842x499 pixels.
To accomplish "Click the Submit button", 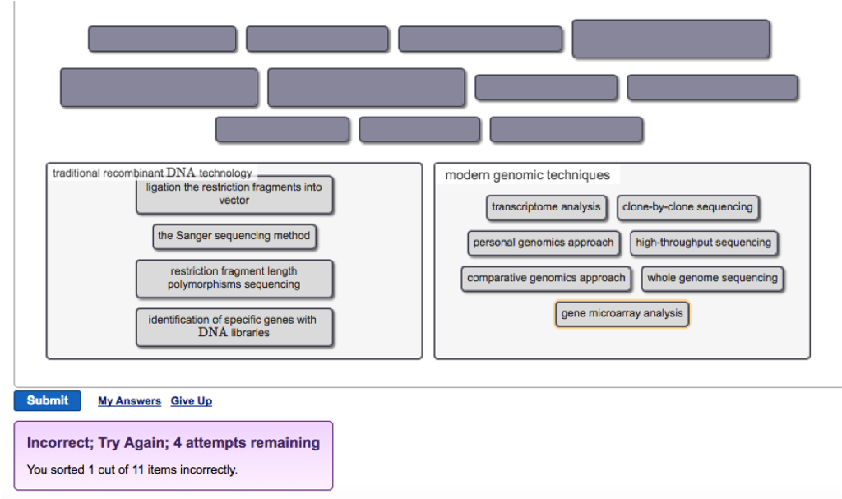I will pos(47,401).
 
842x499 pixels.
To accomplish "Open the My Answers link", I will pos(129,401).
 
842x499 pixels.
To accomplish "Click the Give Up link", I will pos(191,401).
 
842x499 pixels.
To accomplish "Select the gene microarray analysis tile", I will pos(622,314).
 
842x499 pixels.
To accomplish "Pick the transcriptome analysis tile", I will pos(546,207).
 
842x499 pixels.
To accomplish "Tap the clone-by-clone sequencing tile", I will pos(687,207).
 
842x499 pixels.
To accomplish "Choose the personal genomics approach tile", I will pos(543,243).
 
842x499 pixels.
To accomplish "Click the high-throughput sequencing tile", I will pos(703,243).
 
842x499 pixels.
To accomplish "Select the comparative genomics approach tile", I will pos(546,279).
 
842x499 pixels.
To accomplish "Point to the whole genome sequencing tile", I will pos(712,279).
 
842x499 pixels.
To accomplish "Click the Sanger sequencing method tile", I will pos(234,237).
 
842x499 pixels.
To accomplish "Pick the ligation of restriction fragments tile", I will pos(234,194).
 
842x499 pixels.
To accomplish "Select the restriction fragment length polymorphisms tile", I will pos(234,278).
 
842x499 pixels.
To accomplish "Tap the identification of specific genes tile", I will pos(234,326).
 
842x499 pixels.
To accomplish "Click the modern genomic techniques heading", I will pos(527,175).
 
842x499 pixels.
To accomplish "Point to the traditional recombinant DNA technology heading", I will pos(152,173).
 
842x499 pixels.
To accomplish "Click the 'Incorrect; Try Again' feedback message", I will pos(173,443).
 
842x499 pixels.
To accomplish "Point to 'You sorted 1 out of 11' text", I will pos(132,470).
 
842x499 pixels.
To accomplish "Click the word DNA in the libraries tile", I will pos(212,333).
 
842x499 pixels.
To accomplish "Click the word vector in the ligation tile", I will pos(234,201).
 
